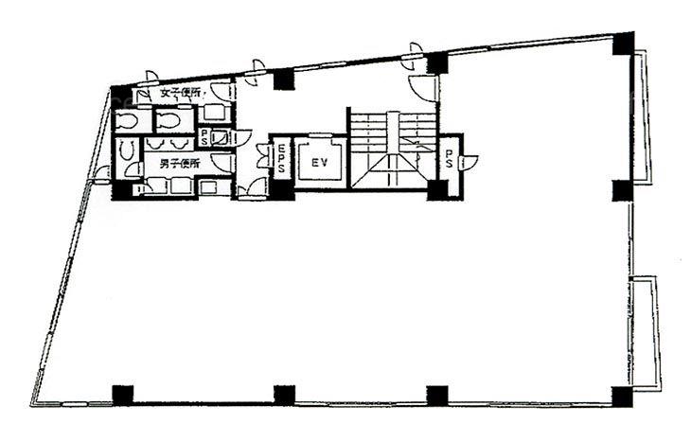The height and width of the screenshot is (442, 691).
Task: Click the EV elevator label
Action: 319,163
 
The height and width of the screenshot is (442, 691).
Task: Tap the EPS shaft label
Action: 282,158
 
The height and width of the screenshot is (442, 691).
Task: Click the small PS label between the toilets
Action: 204,135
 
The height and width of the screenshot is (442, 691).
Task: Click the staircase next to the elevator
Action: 392,150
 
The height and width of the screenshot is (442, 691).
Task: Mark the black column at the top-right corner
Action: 623,43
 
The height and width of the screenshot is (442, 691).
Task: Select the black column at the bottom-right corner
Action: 622,395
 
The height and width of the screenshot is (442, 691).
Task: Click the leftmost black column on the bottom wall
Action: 123,394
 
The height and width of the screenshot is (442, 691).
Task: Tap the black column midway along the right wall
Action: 622,189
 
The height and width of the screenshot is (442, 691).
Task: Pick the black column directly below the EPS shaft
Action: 282,187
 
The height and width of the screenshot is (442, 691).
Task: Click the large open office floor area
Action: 360,293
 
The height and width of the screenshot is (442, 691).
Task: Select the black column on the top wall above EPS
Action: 283,80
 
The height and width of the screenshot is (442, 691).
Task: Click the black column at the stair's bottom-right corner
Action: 436,188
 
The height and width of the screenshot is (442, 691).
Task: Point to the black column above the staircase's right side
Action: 436,64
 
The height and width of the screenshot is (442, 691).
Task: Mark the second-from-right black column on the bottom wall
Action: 436,395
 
